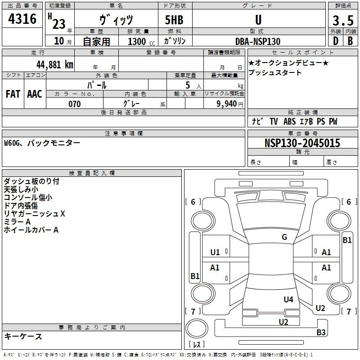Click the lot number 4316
(22, 19)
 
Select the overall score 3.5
(343, 20)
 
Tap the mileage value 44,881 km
(55, 65)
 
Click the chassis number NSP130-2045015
(302, 143)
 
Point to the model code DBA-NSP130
(258, 41)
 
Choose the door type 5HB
(174, 20)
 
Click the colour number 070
(75, 104)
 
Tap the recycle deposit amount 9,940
(227, 104)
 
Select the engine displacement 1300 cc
(141, 41)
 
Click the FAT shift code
(13, 94)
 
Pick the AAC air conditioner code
(35, 94)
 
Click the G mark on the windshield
(284, 237)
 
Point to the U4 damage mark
(288, 299)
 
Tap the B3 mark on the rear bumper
(321, 332)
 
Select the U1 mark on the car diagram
(215, 252)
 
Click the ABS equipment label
(289, 121)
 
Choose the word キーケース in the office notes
(23, 336)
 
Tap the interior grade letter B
(350, 41)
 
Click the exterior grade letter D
(336, 41)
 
